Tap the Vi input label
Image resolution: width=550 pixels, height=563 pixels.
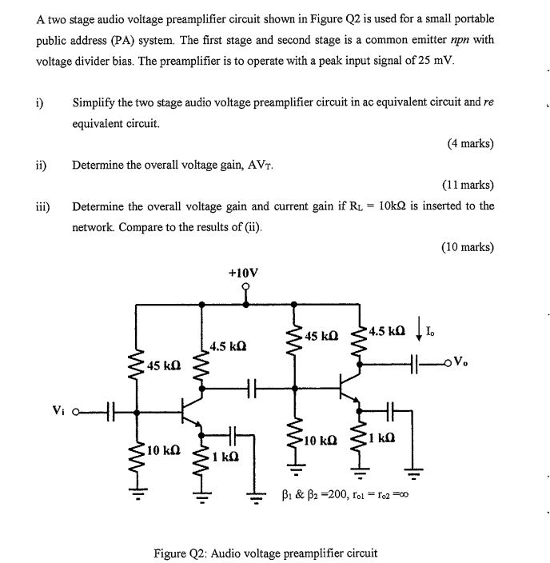click(57, 412)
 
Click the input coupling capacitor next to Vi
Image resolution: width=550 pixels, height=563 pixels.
click(112, 413)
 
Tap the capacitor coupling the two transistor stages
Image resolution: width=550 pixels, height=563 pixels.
click(250, 390)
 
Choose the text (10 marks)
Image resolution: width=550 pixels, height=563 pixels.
click(467, 246)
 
